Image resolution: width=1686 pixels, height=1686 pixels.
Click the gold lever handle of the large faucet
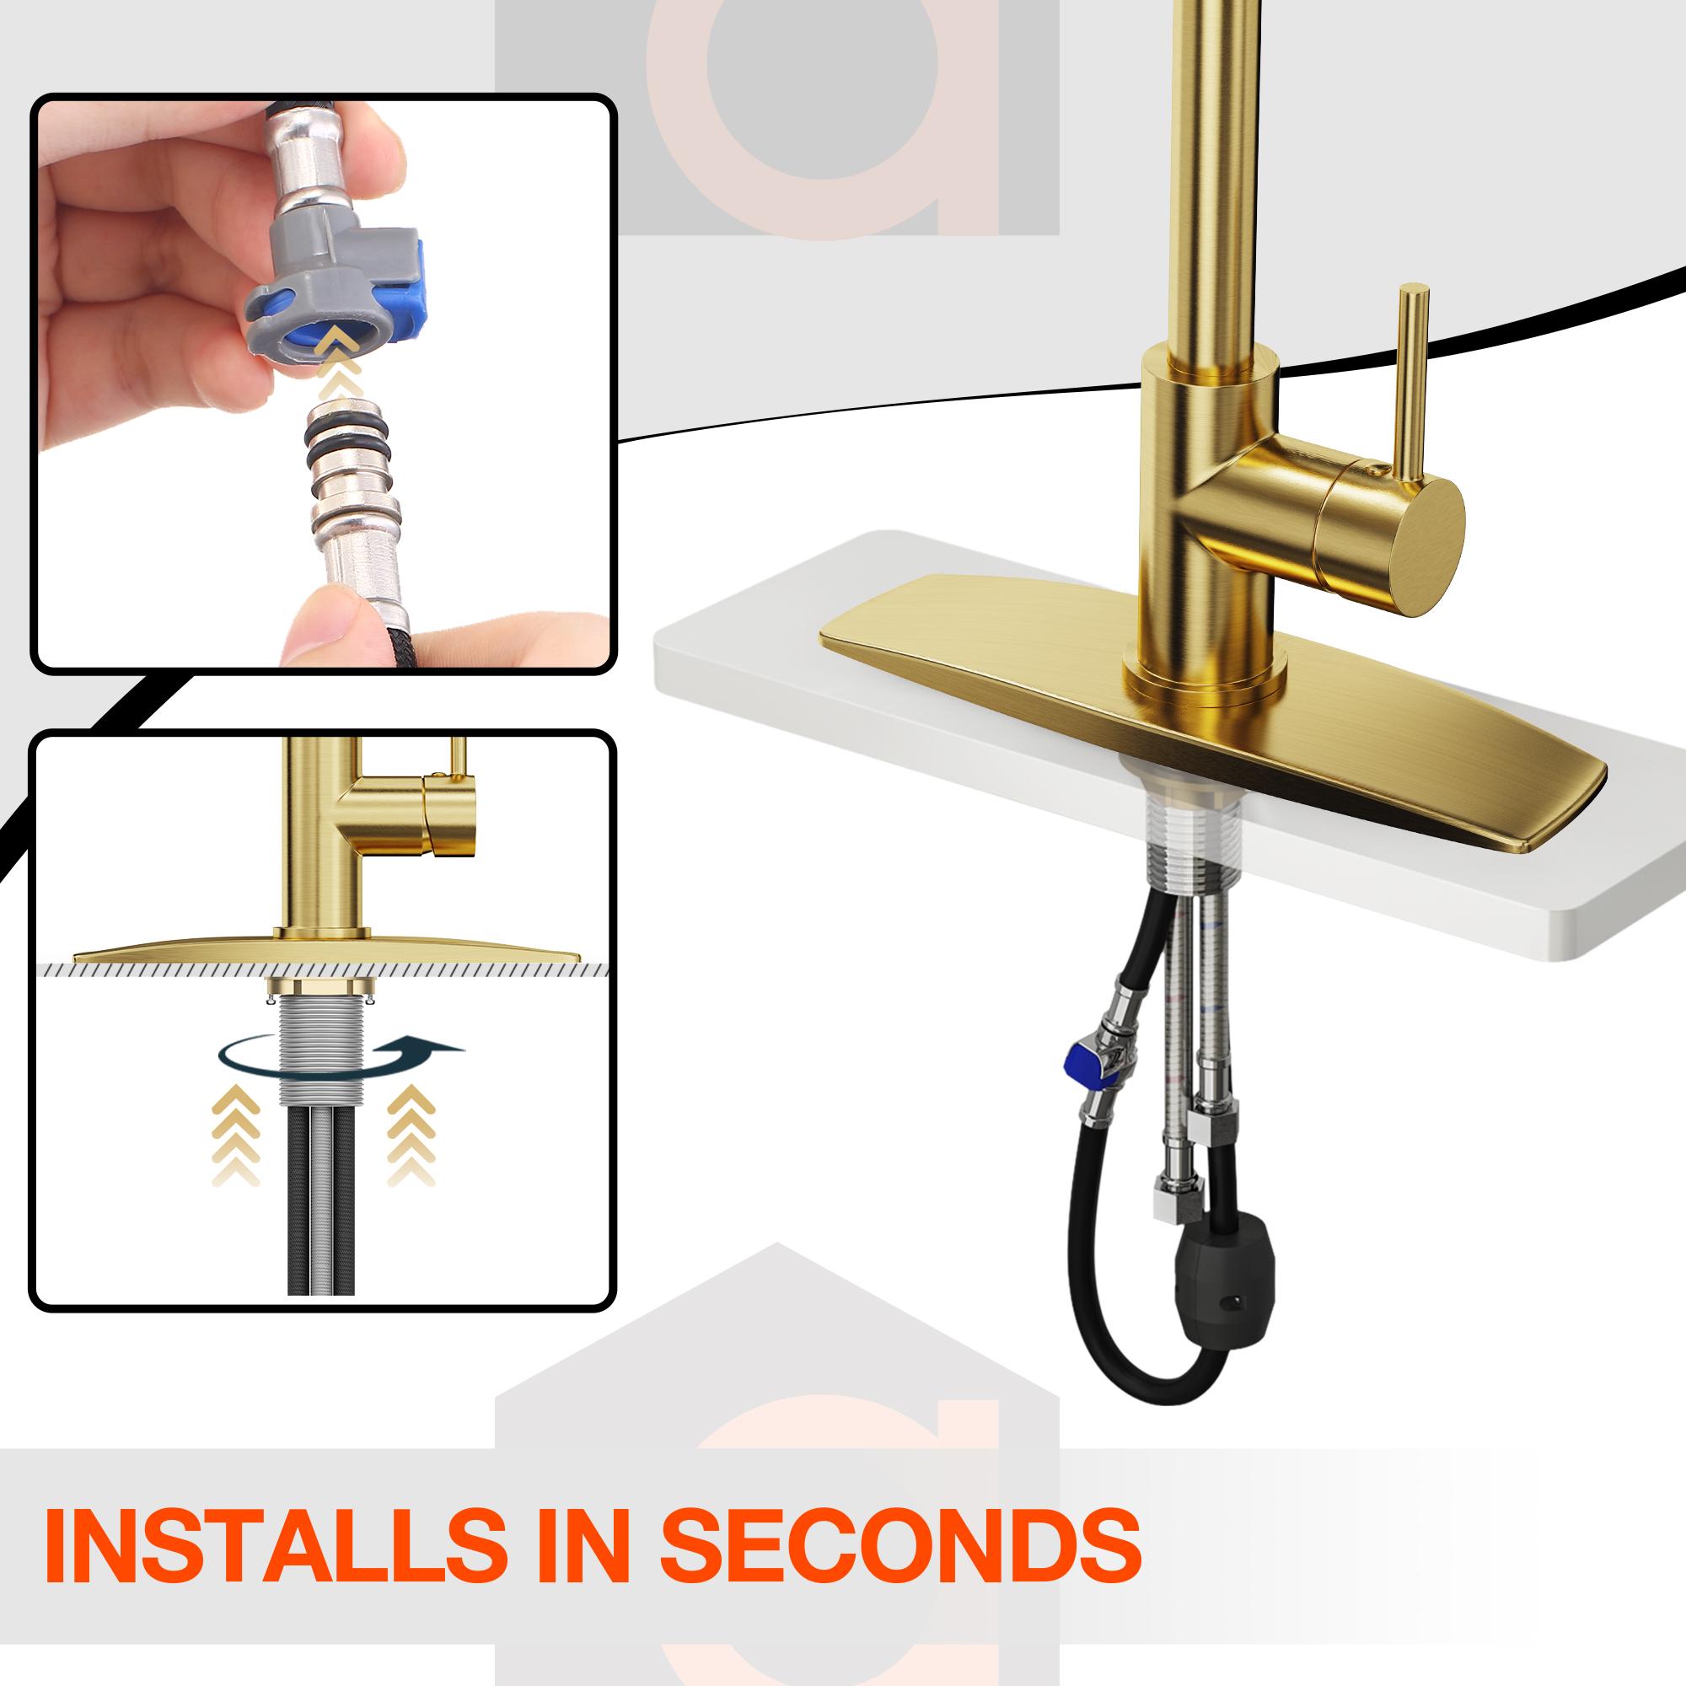[x=1411, y=384]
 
